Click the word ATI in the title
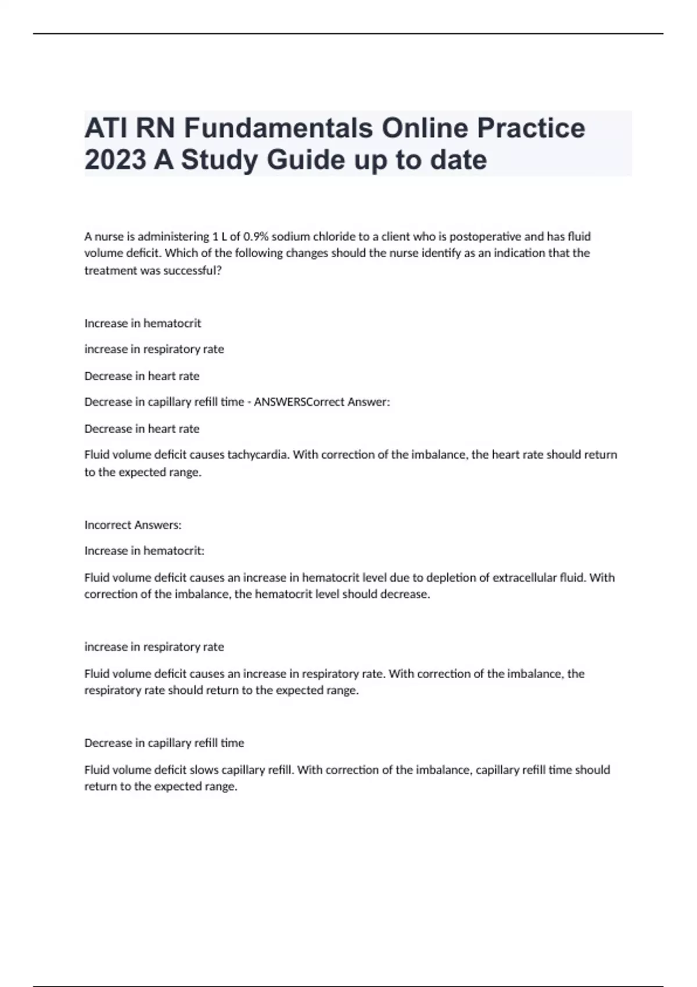click(105, 128)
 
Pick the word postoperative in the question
click(485, 236)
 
